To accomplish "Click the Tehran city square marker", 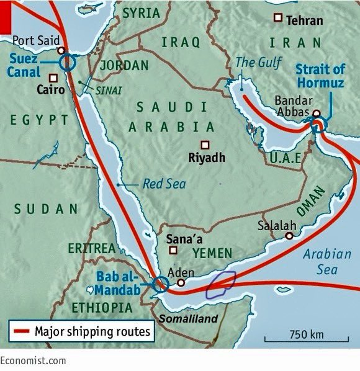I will (x=278, y=19).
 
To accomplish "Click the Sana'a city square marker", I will (x=173, y=251).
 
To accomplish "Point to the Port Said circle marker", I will (x=61, y=50).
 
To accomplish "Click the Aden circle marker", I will (x=181, y=283).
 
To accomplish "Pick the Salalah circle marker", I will (x=289, y=236).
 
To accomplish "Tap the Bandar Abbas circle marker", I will (x=317, y=114).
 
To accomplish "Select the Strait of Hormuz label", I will (x=320, y=76).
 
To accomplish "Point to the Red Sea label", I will (x=164, y=184).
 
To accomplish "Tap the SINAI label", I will (x=106, y=89).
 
